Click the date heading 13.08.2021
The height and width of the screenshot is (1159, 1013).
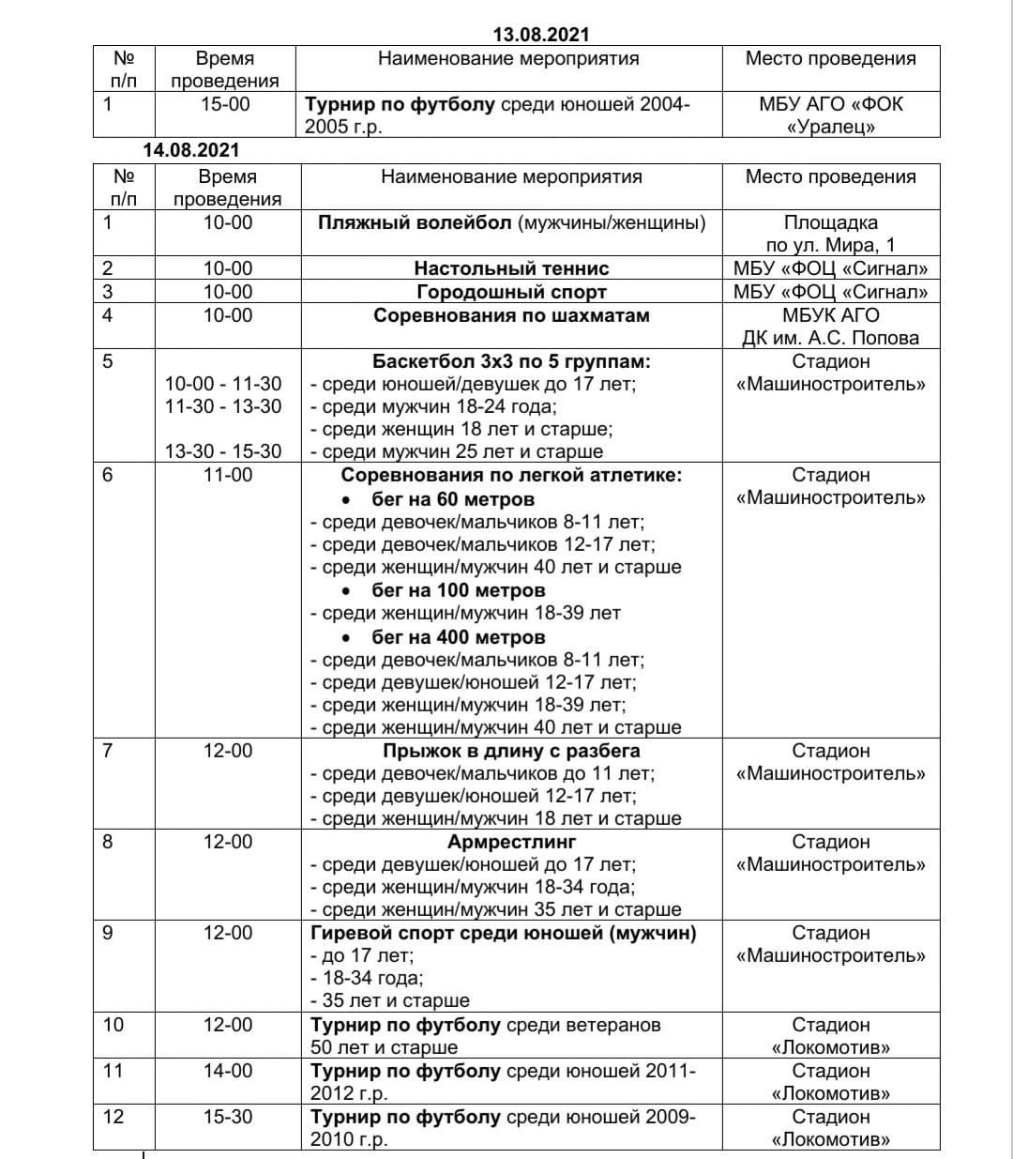coord(541,35)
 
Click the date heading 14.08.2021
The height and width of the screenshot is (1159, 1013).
coord(191,150)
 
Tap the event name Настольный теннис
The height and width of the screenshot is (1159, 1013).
coord(511,269)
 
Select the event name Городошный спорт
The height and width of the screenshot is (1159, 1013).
coord(511,292)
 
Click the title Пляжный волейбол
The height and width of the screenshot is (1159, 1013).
coord(413,223)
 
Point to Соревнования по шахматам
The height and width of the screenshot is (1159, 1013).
coord(511,315)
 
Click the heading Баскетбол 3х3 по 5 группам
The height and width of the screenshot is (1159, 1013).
coord(511,361)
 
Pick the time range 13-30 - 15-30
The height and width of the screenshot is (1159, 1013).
coord(223,451)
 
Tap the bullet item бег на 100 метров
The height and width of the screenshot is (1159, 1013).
coord(458,590)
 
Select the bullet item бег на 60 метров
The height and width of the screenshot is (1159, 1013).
coord(453,499)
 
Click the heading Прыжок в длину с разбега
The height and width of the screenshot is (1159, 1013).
coord(511,751)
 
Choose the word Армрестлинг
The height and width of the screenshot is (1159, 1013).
coord(511,842)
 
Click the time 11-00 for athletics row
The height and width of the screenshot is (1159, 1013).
coord(228,476)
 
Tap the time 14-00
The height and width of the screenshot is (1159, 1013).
coord(228,1071)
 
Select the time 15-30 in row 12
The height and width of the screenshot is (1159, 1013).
coord(228,1117)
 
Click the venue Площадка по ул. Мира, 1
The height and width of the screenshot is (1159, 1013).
coord(830,234)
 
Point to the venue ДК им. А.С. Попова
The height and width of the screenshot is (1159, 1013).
coord(830,338)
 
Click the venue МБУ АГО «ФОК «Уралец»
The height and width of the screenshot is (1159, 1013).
coord(830,115)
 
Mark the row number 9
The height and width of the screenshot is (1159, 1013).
coord(107,933)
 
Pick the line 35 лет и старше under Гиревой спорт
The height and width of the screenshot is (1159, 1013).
coord(395,1000)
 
